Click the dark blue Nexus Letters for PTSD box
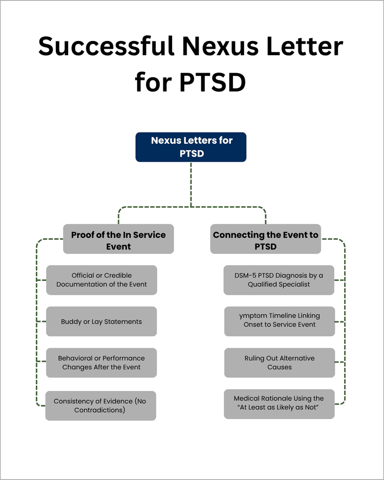(x=190, y=147)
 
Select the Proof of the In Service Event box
(x=118, y=239)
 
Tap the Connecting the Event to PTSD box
(x=265, y=239)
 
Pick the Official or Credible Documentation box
(x=101, y=280)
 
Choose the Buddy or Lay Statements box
(x=101, y=321)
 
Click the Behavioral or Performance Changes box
(x=101, y=363)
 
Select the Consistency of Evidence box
(x=100, y=406)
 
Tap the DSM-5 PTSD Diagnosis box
(x=279, y=280)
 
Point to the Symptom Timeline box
(x=280, y=320)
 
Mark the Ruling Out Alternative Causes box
(x=280, y=363)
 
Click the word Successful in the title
(x=105, y=47)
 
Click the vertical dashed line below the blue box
(x=191, y=184)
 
